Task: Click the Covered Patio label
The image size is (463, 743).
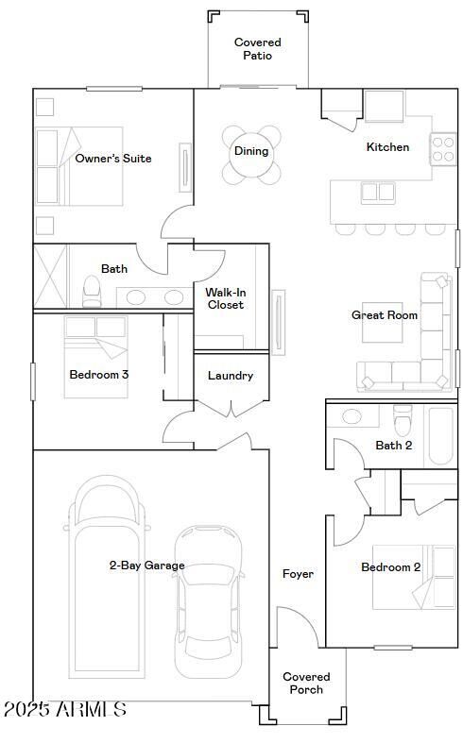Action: click(257, 49)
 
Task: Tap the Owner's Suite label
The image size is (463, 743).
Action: click(113, 159)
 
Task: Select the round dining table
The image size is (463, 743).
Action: click(252, 153)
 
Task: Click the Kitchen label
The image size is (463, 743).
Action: click(387, 147)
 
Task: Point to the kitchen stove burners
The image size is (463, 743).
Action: click(443, 146)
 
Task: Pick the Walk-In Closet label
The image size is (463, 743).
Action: click(225, 298)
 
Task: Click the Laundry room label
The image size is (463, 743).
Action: click(231, 376)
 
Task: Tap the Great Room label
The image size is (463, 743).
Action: click(385, 315)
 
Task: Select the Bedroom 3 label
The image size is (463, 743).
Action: click(99, 375)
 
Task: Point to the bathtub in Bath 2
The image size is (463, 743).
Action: click(440, 434)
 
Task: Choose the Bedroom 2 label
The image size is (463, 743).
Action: click(390, 567)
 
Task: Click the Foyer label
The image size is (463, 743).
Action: click(298, 574)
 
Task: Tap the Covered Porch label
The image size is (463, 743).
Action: click(306, 684)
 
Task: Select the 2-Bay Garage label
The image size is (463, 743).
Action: click(146, 566)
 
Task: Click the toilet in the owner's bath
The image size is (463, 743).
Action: click(92, 291)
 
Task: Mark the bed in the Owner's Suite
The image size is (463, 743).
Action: click(80, 167)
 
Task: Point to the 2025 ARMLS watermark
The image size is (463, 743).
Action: click(64, 709)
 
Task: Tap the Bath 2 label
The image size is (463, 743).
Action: click(394, 446)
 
